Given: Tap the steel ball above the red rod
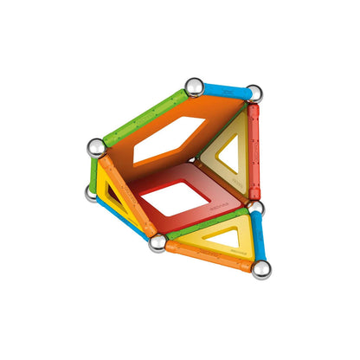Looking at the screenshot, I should [x=253, y=93].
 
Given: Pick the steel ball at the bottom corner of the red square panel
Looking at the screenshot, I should [x=157, y=242].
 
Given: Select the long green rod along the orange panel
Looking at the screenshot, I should [x=145, y=117].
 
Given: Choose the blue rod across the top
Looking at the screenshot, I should [x=223, y=89].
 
